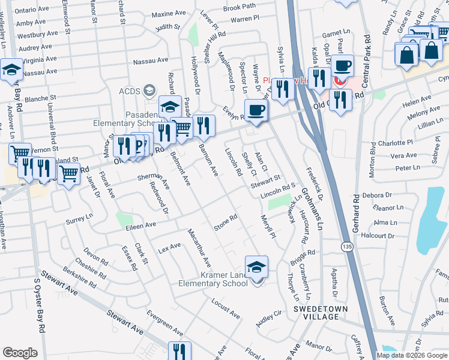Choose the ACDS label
pyautogui.click(x=146, y=91)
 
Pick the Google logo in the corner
pyautogui.click(x=20, y=353)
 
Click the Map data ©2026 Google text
pyautogui.click(x=411, y=355)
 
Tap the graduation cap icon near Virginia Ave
pyautogui.click(x=11, y=70)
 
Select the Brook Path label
pyautogui.click(x=239, y=7)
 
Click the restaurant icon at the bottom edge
pyautogui.click(x=179, y=352)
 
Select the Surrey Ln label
pyautogui.click(x=80, y=221)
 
